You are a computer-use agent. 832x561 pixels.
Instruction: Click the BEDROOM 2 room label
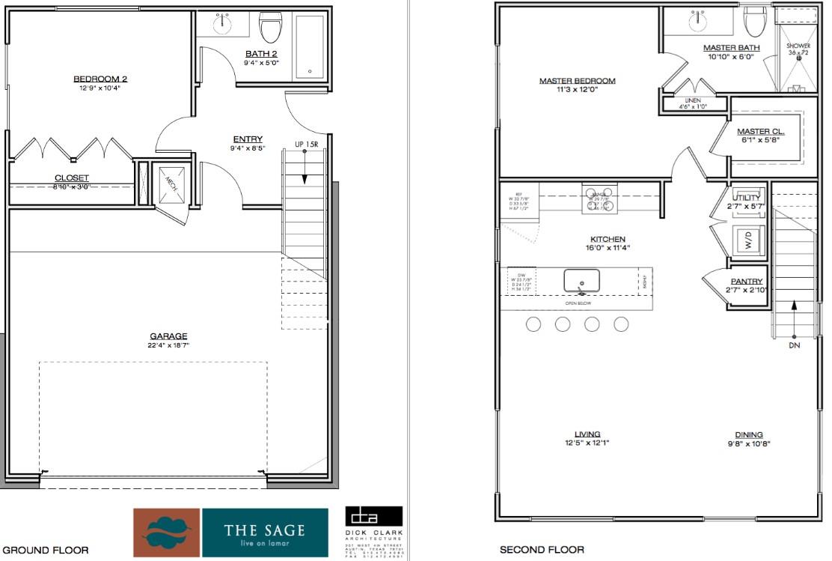97,79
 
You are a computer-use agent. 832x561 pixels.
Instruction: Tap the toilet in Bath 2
269,28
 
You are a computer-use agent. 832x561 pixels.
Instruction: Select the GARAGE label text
168,336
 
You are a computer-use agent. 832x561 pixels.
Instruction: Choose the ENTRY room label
248,139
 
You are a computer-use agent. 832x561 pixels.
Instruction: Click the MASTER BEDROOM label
577,81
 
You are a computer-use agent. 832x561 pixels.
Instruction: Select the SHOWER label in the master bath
798,46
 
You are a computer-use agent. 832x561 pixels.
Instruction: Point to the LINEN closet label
692,100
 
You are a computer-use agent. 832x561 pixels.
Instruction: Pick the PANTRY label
746,281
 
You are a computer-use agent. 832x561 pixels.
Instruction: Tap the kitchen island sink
582,282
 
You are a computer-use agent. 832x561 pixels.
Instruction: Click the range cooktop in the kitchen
599,199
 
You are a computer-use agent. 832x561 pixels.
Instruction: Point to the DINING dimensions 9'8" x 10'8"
748,444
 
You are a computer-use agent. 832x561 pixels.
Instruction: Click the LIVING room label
587,434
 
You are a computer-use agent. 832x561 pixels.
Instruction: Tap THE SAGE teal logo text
265,531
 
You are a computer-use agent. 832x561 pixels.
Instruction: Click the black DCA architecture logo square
373,516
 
